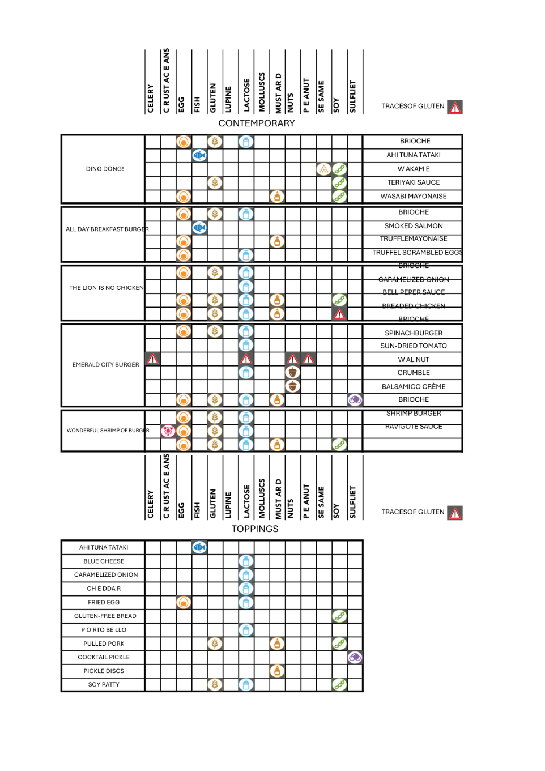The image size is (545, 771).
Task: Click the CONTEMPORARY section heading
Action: (257, 123)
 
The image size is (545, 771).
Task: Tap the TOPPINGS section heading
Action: (255, 529)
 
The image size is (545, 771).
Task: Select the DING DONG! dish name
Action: (105, 169)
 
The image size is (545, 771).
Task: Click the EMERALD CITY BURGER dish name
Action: (105, 365)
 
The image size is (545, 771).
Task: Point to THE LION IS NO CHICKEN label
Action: (107, 288)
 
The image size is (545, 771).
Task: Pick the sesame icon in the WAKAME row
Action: (323, 169)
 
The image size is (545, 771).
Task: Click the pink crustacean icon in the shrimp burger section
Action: (168, 431)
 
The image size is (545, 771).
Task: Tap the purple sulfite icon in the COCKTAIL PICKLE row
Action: (355, 657)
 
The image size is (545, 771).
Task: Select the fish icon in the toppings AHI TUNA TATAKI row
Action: (199, 547)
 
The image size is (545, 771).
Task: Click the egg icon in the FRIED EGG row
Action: (184, 602)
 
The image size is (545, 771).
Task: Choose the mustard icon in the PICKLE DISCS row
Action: (277, 671)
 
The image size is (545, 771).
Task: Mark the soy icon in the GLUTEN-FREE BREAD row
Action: (339, 616)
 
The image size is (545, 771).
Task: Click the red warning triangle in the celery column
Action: (152, 359)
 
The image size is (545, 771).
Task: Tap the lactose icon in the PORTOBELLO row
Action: (246, 629)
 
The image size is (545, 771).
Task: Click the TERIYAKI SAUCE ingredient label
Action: (414, 182)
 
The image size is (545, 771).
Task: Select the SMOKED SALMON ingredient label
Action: (414, 226)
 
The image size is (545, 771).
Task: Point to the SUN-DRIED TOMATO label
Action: (414, 346)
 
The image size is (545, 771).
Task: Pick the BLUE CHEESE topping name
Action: (104, 561)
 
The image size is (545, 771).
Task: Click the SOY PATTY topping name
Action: (104, 684)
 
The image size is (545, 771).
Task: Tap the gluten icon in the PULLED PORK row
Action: (215, 644)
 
